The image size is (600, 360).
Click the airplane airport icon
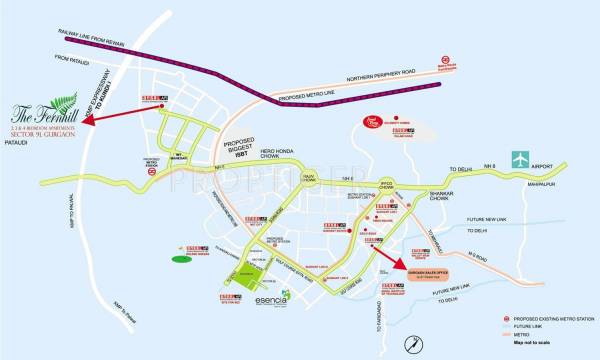[520, 159]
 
